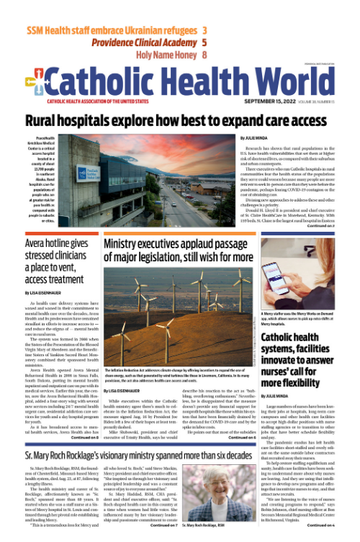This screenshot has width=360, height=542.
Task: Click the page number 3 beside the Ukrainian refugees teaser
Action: [205, 31]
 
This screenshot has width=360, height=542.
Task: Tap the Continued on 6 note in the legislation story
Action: [222, 437]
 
